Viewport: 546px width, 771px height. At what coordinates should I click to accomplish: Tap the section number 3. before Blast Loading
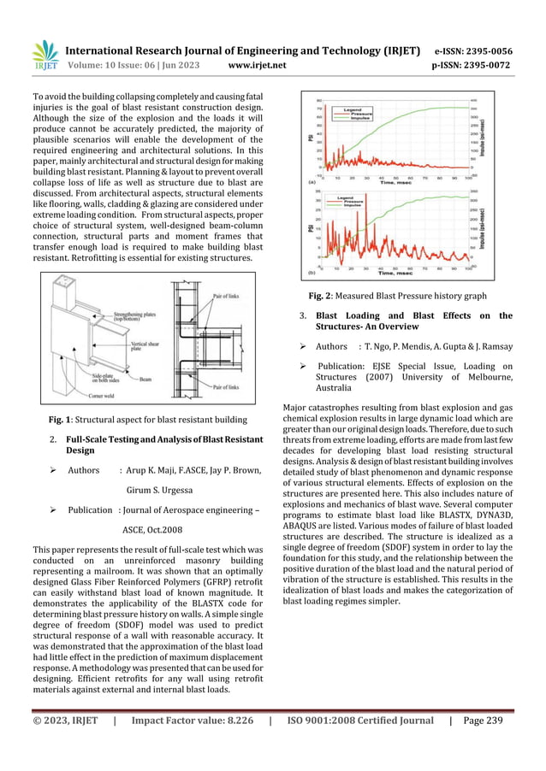pos(303,316)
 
